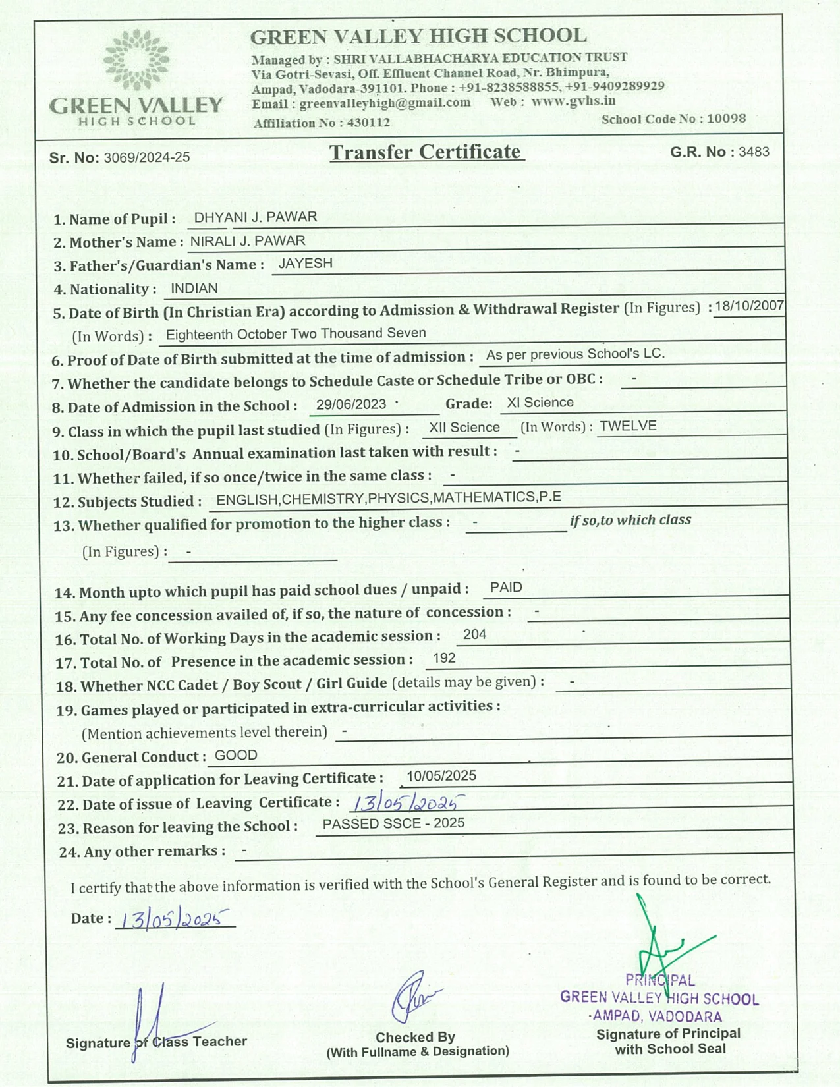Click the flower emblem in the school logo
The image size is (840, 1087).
136,60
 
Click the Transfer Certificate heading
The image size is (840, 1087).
426,152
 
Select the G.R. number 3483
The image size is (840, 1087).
754,152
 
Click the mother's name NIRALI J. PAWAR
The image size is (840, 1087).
248,241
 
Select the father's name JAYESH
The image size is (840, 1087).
305,264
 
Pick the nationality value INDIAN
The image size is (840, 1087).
194,289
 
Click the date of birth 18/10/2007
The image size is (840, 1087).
749,306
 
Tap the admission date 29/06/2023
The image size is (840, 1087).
351,404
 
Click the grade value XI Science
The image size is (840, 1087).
540,403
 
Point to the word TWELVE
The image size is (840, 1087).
628,426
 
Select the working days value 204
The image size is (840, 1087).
474,634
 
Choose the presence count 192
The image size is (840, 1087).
444,658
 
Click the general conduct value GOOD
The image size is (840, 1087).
236,756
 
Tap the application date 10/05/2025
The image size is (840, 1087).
441,776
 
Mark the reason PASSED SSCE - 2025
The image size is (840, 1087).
393,823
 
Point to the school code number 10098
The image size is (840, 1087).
726,119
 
